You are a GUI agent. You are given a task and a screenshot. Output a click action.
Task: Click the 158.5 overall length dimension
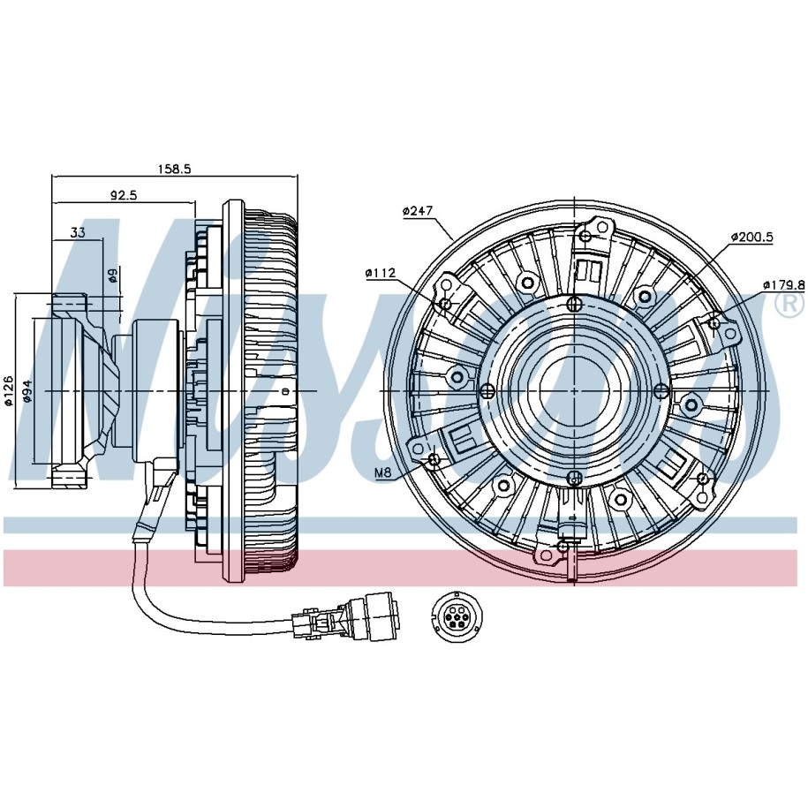point(175,169)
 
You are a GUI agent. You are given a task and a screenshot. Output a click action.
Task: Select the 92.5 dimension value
point(123,196)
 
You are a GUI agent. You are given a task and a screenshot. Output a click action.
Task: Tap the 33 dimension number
point(77,233)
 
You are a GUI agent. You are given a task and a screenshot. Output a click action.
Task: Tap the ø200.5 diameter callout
point(752,238)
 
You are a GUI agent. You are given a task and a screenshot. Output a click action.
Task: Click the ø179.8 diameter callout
point(783,284)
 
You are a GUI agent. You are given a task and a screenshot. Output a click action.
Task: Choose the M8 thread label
point(382,474)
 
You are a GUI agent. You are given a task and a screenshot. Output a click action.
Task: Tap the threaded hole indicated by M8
point(434,459)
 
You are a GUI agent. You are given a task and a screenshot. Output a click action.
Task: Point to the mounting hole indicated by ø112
point(447,305)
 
